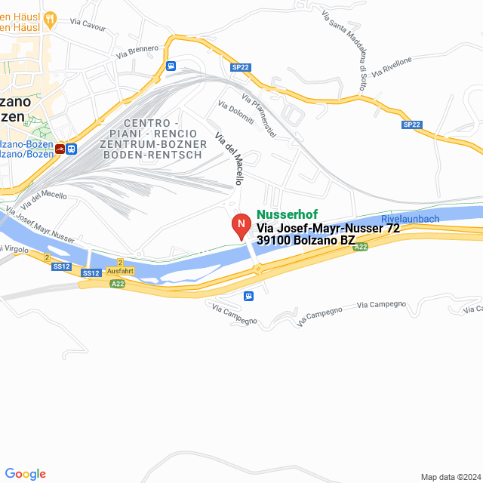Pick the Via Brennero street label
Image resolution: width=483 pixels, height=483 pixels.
(x=137, y=52)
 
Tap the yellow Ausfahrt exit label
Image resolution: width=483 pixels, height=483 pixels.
(x=121, y=270)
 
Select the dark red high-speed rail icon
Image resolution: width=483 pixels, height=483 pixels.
(x=60, y=149)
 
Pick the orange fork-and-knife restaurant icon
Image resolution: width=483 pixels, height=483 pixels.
(x=51, y=17)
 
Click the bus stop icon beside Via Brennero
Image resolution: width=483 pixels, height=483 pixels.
(x=171, y=66)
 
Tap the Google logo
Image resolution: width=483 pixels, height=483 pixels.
(x=25, y=474)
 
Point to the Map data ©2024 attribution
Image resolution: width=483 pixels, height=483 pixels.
(x=450, y=477)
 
